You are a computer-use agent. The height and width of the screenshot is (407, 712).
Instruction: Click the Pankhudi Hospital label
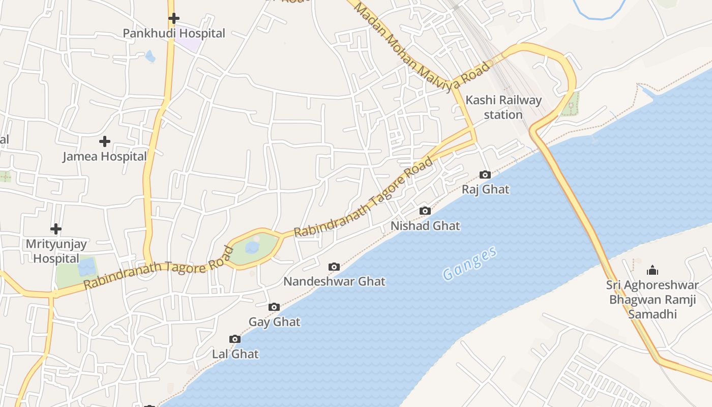pos(174,34)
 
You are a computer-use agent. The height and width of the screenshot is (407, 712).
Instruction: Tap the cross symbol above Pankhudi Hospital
pos(174,18)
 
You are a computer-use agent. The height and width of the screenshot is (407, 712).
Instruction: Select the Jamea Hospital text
pos(105,157)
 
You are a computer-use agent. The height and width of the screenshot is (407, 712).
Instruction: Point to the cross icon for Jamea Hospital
pos(105,141)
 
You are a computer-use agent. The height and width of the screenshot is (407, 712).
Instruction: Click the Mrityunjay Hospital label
pos(56,251)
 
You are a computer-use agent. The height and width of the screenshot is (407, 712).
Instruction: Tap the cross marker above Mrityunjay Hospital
pos(56,229)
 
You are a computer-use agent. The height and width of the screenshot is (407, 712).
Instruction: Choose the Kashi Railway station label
pos(503,107)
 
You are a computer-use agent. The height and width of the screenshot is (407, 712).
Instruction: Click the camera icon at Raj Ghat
pos(485,175)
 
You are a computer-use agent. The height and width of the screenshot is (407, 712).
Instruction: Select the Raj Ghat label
pos(485,190)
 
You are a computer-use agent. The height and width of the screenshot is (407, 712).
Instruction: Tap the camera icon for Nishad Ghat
pos(425,211)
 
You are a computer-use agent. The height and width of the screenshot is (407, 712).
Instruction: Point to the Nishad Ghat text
pos(425,226)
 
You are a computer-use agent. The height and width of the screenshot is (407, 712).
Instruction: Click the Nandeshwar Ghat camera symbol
pos(334,267)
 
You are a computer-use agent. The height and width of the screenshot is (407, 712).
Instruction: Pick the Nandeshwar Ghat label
pos(334,281)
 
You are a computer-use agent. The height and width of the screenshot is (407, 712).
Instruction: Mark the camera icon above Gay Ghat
pos(274,307)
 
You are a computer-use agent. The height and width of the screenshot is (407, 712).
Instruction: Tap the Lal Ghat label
pos(235,354)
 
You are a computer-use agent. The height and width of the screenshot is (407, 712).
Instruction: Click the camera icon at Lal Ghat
pos(235,339)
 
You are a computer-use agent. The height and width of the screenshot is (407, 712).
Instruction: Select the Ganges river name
pos(469,264)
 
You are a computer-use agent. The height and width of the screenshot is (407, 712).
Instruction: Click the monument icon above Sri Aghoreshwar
pos(652,270)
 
